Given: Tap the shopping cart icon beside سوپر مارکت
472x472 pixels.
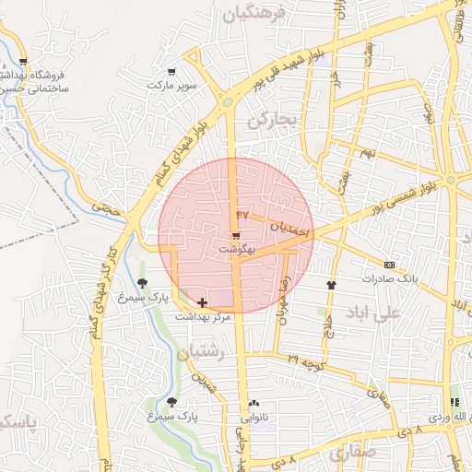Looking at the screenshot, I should tap(171, 72).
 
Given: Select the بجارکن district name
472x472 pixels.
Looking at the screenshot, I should tap(274, 119).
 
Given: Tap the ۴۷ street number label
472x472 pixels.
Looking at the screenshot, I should tap(243, 214).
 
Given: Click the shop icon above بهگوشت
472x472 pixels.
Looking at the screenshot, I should tap(237, 236).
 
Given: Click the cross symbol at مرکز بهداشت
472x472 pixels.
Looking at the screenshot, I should tap(202, 302).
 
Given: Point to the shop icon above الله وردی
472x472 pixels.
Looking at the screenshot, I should tap(454, 403).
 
